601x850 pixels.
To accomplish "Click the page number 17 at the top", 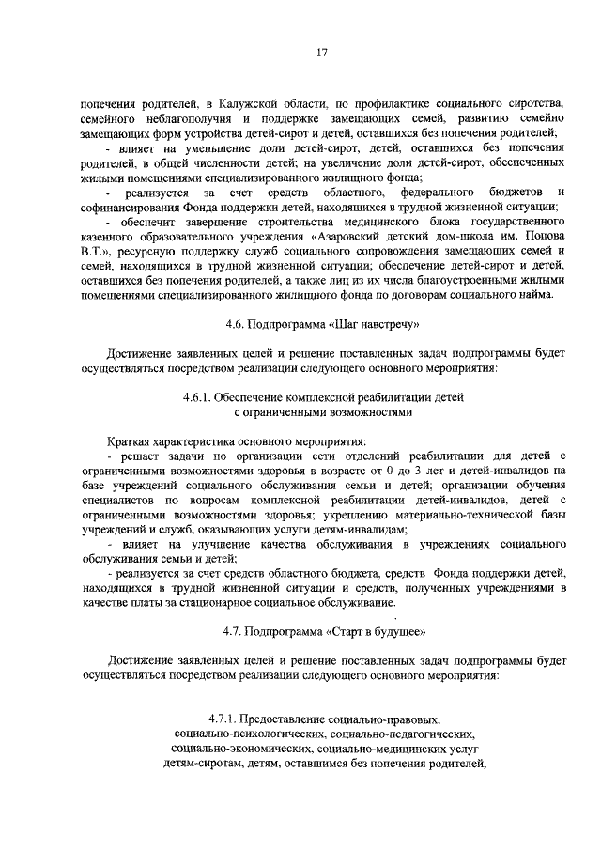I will tap(320, 53).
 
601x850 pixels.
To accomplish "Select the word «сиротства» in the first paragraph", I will tap(533, 100).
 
